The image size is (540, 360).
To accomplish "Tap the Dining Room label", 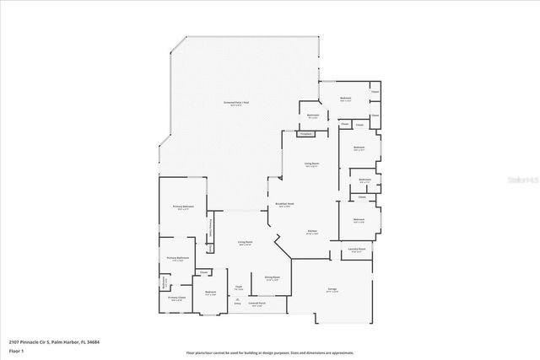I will pos(272,277).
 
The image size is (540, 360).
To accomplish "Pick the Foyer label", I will pos(239,287).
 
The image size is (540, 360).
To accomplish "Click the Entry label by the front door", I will pos(224,303).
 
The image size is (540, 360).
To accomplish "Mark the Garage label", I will pos(332,290).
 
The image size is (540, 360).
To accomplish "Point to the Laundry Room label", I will pos(357,250).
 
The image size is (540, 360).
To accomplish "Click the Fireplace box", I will pos(306,133).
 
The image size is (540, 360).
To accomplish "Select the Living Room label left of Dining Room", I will pos(245,243).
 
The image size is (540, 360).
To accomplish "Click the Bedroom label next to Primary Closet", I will pos(211,293).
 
